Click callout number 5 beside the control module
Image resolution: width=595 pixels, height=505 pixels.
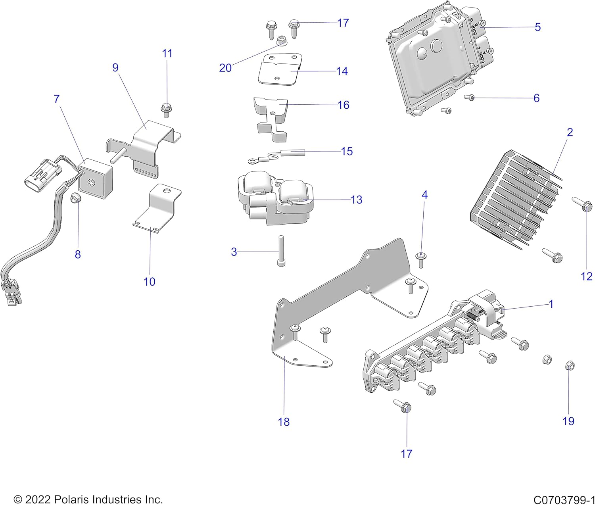point(537,27)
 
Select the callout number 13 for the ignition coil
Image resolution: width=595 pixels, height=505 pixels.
point(356,200)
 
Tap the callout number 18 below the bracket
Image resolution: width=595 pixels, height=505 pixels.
point(284,422)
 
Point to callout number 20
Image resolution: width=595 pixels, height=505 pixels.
point(225,68)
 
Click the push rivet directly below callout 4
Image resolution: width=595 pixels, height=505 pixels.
point(421,258)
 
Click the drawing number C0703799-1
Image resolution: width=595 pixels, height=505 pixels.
point(564,499)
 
